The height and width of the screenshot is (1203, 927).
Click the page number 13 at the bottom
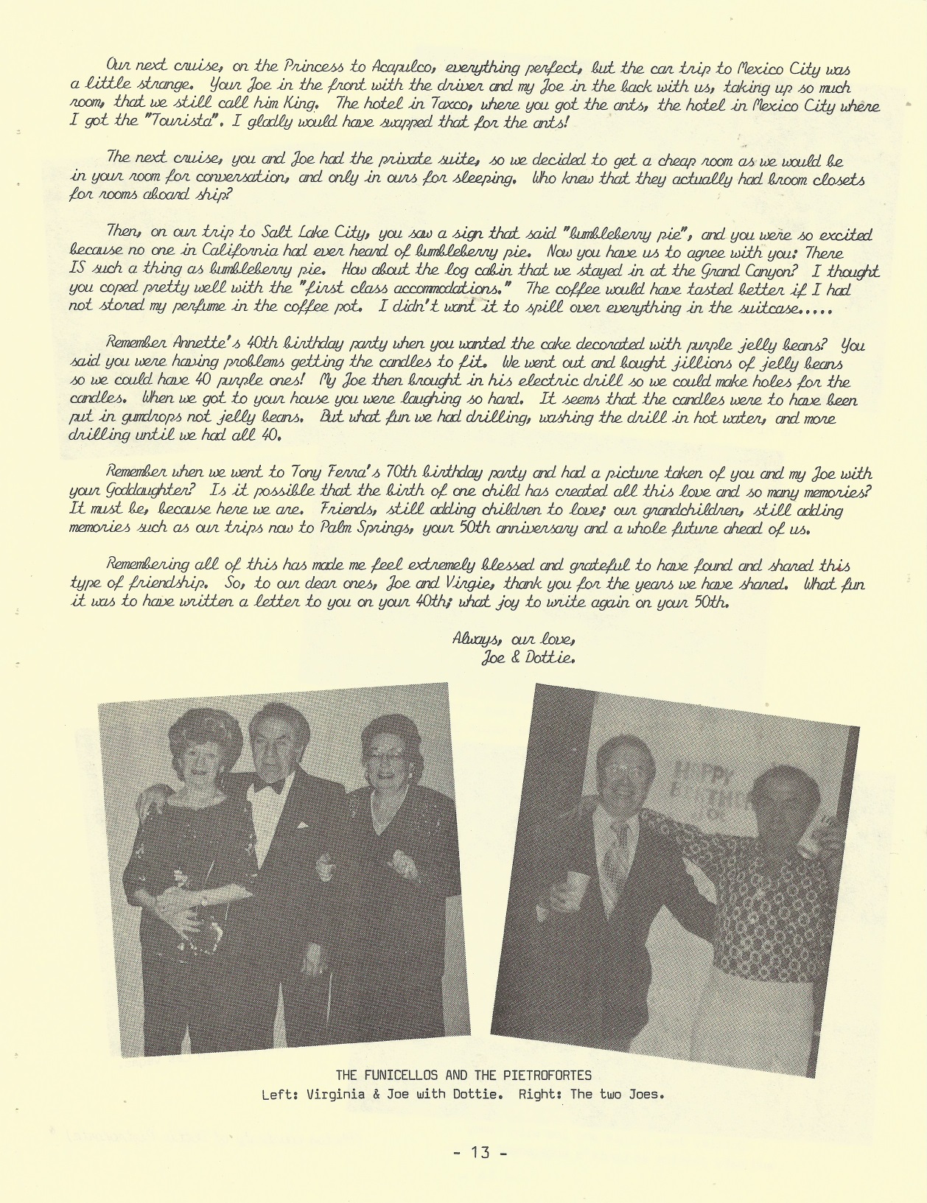click(x=480, y=1151)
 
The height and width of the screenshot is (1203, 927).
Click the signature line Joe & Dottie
click(x=528, y=658)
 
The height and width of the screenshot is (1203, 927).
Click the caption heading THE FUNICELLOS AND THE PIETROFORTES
click(x=463, y=1075)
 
